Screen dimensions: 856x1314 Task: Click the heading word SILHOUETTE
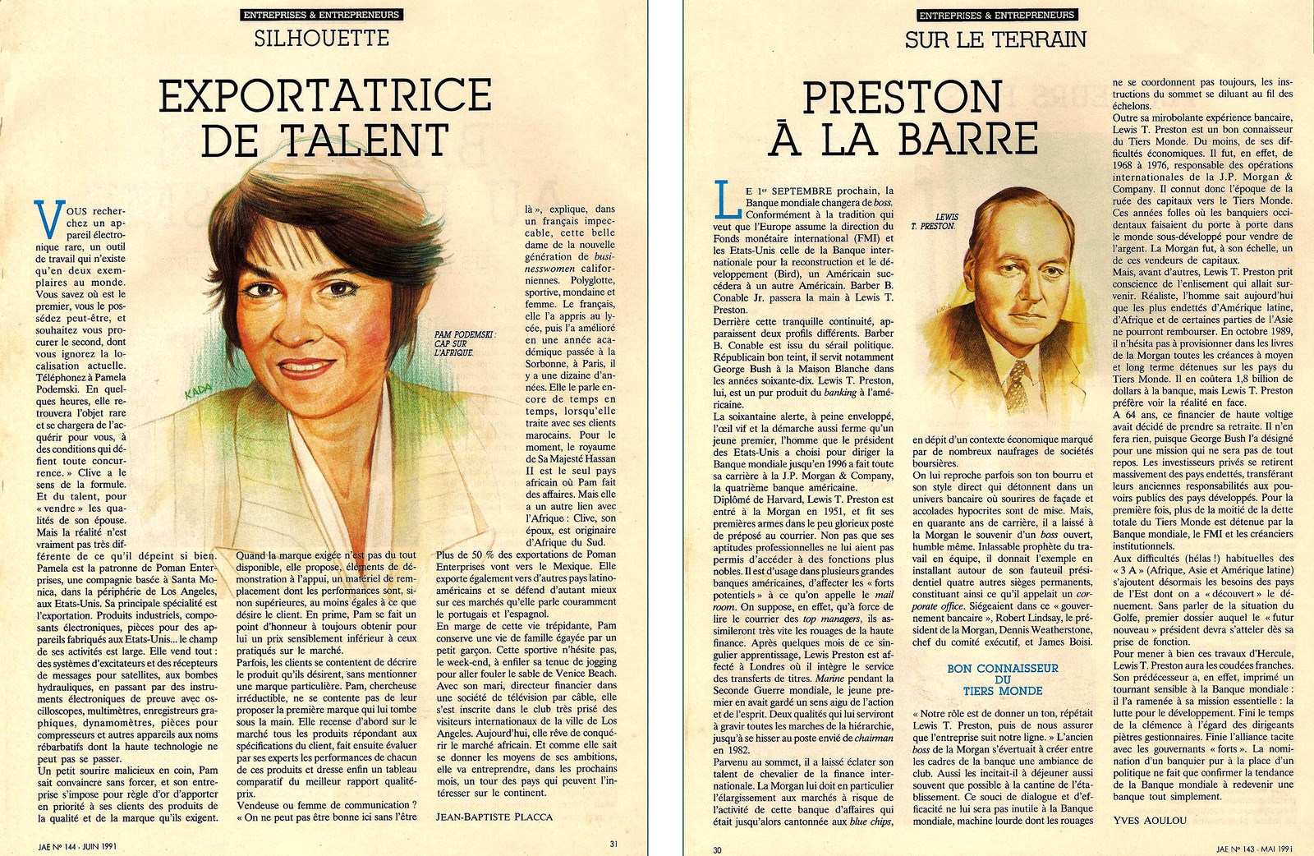pos(321,38)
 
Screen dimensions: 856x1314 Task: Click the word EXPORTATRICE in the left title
pos(325,96)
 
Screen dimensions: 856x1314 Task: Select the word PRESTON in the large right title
pos(902,98)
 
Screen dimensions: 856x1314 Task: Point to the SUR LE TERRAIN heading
pos(995,39)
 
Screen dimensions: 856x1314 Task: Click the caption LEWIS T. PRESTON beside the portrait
pos(934,221)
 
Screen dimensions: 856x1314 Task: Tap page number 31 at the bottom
pos(613,843)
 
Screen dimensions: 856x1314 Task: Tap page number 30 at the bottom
pos(717,849)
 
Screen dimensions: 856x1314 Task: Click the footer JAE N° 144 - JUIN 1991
pos(76,843)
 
